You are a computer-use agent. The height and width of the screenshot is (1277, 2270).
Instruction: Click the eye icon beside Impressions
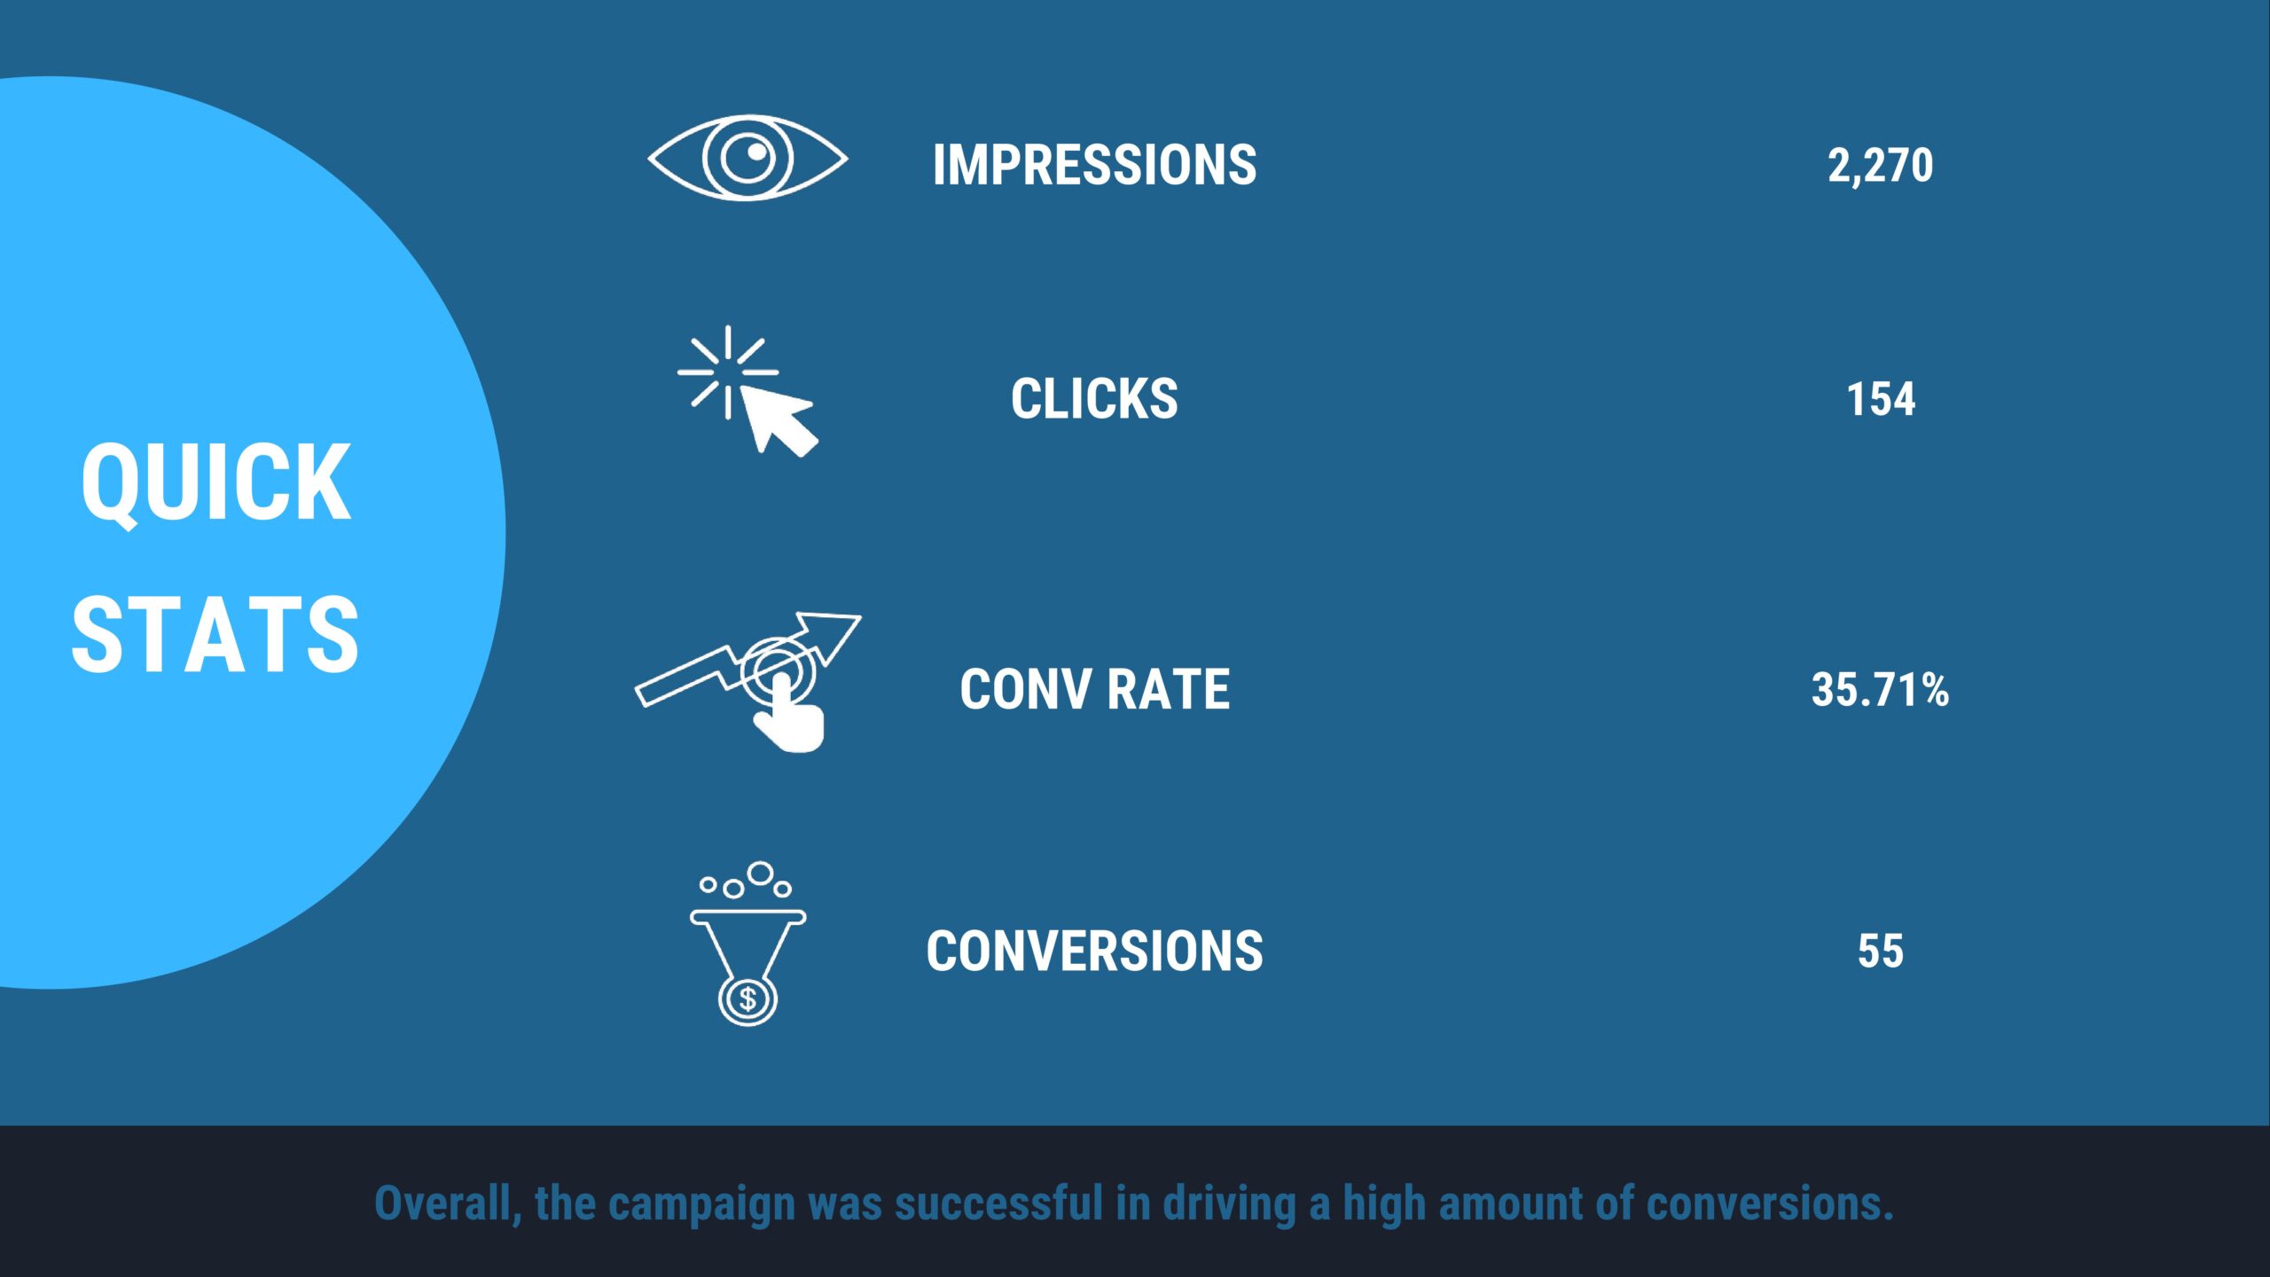click(748, 158)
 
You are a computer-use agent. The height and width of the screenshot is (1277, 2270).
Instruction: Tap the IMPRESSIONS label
click(1094, 165)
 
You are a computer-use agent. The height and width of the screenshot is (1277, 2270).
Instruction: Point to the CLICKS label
click(1094, 399)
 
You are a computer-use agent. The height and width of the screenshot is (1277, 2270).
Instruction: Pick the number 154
click(1880, 399)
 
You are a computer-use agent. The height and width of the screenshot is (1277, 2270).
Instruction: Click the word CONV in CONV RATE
click(1025, 690)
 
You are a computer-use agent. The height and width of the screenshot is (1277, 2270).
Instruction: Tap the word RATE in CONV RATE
click(1169, 690)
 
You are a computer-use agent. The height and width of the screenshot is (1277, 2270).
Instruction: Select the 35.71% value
click(1880, 690)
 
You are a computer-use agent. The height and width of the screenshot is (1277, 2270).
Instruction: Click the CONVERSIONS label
click(1094, 952)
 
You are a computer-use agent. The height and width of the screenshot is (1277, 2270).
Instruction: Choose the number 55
click(1880, 952)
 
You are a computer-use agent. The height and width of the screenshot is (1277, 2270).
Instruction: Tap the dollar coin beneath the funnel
click(748, 999)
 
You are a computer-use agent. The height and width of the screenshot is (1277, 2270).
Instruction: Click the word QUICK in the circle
click(215, 483)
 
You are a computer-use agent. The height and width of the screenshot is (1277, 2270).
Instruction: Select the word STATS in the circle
click(215, 634)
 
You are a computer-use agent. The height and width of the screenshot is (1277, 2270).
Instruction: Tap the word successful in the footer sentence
click(998, 1204)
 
